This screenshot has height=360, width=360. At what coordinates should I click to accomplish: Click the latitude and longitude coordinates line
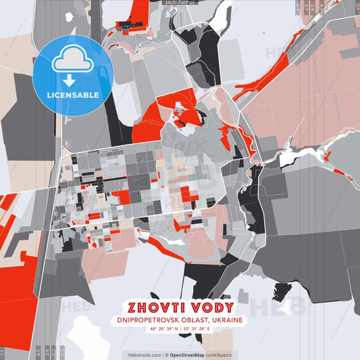point(180,329)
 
